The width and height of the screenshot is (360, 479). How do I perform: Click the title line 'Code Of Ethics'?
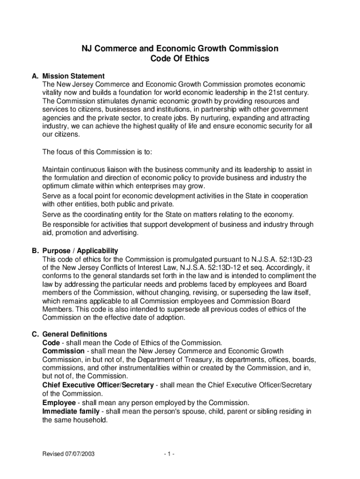tap(180, 59)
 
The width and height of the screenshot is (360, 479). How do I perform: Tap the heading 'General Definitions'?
tap(75, 334)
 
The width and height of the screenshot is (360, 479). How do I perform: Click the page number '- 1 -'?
tap(169, 454)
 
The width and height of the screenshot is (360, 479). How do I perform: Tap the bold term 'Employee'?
tap(59, 403)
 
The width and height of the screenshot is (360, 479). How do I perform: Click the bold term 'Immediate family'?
tap(71, 411)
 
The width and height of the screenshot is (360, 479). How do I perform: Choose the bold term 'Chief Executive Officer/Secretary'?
tap(98, 385)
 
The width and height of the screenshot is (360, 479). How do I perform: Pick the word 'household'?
tap(90, 420)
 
